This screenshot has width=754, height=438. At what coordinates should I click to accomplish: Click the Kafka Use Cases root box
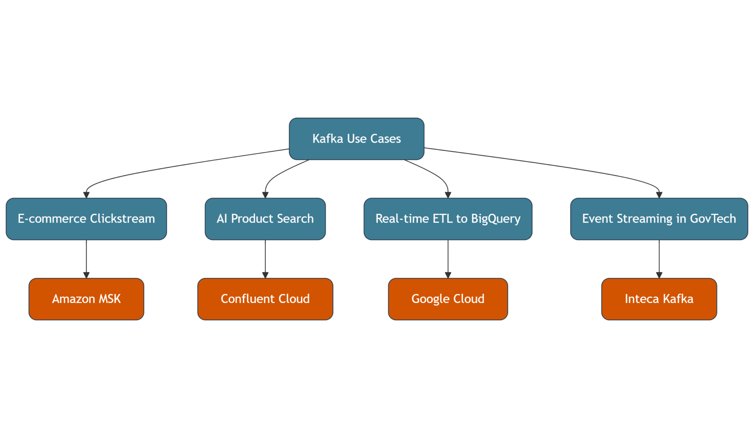click(356, 139)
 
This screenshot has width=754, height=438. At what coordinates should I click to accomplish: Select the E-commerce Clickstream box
click(86, 219)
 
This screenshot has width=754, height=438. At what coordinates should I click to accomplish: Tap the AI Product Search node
click(265, 219)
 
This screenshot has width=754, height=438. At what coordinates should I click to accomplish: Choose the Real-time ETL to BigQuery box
click(448, 219)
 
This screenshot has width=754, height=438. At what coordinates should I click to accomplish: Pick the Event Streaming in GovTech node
click(659, 219)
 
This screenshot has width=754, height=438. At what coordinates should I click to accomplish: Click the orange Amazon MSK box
click(86, 299)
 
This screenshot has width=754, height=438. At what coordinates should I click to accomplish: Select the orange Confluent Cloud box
click(265, 299)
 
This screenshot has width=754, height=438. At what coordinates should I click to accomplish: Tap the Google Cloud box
click(448, 299)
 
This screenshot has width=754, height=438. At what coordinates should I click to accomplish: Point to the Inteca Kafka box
click(659, 299)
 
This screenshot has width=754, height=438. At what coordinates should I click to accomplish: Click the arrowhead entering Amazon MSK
click(87, 275)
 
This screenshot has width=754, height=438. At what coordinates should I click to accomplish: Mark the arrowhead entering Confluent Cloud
click(265, 275)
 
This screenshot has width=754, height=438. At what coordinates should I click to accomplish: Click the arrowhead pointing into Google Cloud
click(448, 275)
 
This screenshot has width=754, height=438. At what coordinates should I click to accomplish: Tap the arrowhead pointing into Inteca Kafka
click(659, 275)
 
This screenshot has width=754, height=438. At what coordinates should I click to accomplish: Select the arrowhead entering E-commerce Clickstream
click(87, 195)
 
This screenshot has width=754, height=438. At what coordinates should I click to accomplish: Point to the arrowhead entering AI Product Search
click(265, 195)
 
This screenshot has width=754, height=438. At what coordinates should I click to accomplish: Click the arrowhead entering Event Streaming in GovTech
click(659, 195)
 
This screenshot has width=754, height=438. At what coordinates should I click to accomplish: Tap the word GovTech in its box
click(713, 219)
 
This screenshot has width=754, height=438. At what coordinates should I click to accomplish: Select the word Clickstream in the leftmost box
click(122, 219)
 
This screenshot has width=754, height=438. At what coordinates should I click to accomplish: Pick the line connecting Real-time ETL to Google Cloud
click(448, 258)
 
